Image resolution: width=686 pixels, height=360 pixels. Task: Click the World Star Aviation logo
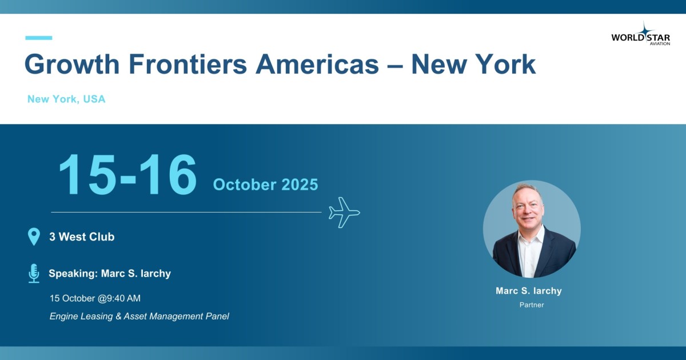[x=641, y=34]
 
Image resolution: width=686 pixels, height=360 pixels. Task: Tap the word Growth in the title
[x=72, y=64]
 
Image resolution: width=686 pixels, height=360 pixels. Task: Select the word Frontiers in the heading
[x=188, y=64]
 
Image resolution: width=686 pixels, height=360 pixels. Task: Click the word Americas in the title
[x=317, y=64]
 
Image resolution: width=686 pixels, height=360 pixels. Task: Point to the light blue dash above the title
[x=39, y=38]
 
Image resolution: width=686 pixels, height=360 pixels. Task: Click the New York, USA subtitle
[x=66, y=99]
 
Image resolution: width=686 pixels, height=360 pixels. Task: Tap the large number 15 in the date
[x=87, y=174]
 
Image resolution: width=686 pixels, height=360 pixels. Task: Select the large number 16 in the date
[x=168, y=174]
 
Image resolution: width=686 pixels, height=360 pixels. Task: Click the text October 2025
[x=265, y=185]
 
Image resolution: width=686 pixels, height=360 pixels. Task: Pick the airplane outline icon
[x=344, y=213]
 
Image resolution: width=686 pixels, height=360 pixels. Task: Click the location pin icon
[x=34, y=237]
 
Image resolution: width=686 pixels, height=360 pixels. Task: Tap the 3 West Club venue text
[x=82, y=237]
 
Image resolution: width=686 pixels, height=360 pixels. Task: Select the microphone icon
[x=34, y=273]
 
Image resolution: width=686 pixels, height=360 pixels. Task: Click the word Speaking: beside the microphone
[x=73, y=273]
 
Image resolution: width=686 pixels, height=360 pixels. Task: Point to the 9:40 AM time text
[x=123, y=298]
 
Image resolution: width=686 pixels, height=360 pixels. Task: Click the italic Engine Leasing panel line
[x=139, y=316]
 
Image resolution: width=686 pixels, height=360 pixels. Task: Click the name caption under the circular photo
[x=529, y=291]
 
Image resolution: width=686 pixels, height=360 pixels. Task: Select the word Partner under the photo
[x=532, y=305]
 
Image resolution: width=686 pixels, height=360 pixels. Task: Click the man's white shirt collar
[x=532, y=235]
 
